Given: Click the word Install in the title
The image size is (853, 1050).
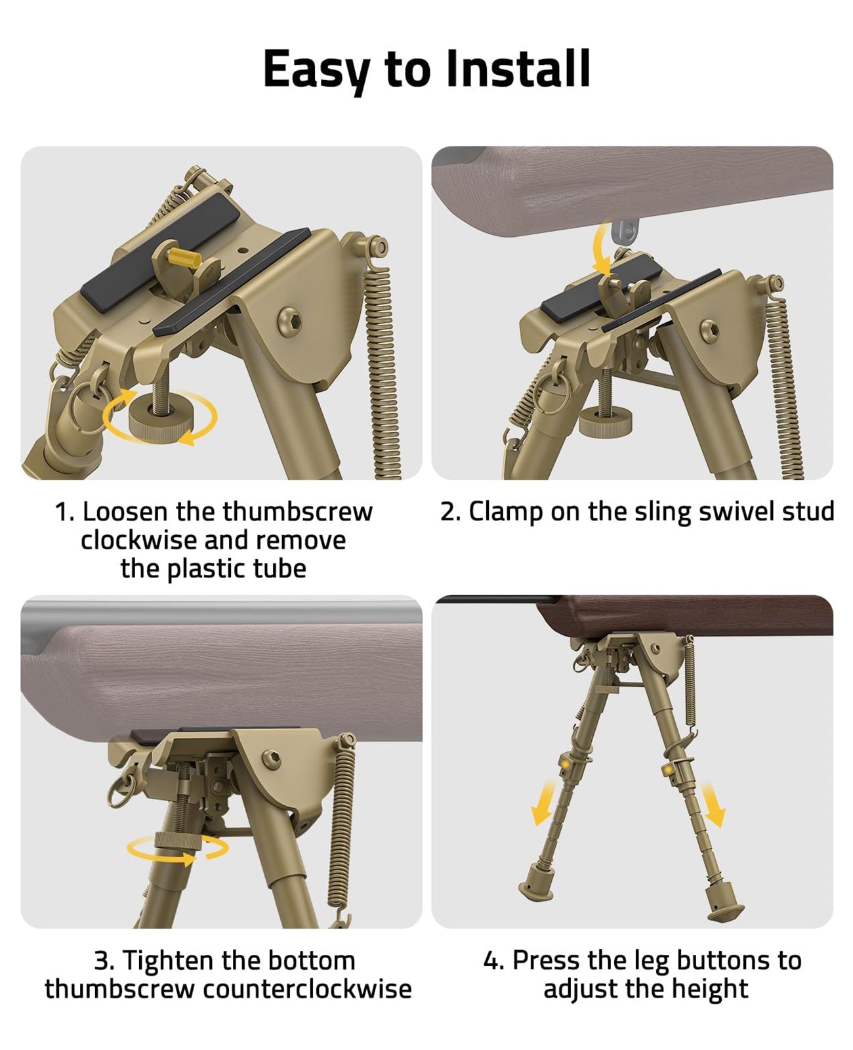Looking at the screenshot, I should [518, 68].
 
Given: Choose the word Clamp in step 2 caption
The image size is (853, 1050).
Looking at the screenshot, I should [505, 511].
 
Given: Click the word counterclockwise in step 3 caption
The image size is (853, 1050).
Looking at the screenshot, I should [307, 988].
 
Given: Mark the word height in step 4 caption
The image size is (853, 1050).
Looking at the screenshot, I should [712, 988].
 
